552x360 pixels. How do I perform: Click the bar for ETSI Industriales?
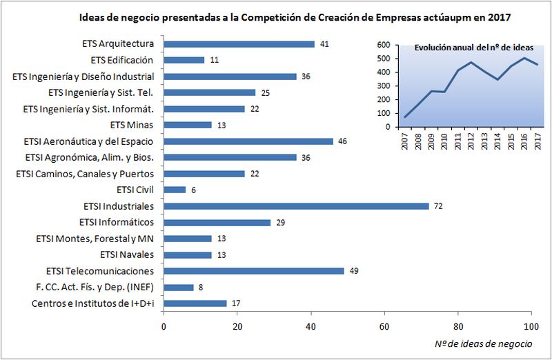[x=296, y=206]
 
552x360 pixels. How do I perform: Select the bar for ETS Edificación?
[x=184, y=60]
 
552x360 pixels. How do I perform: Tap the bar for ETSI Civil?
[x=175, y=190]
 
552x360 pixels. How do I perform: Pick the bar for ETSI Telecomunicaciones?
[x=254, y=271]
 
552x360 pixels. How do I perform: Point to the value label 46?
[x=343, y=141]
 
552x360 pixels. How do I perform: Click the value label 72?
[x=438, y=206]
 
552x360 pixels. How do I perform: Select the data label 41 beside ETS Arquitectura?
[x=324, y=44]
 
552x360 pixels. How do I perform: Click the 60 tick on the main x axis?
[x=384, y=326]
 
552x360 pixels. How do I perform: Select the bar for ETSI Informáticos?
[x=217, y=222]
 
